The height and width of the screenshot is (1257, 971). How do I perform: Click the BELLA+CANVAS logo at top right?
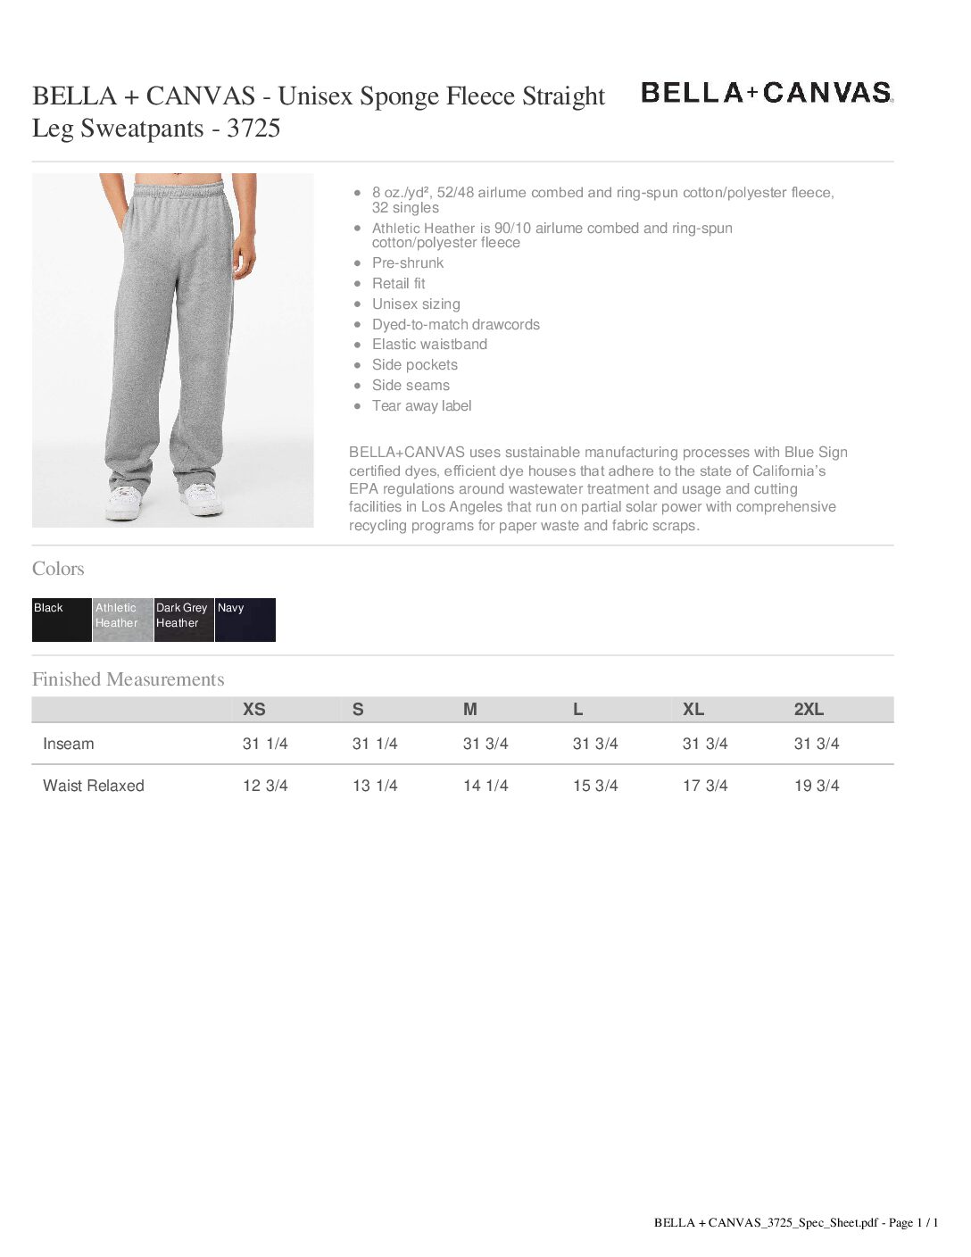coord(767,92)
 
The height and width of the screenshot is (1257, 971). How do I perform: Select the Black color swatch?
coord(62,620)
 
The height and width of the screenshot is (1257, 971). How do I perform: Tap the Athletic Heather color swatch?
coord(122,620)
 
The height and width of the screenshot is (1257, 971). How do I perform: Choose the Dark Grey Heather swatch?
coord(184,620)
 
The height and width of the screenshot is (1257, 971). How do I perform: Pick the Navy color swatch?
coord(245,620)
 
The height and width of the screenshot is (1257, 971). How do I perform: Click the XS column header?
coord(254,710)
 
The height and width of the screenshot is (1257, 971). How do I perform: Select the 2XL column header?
coord(809,710)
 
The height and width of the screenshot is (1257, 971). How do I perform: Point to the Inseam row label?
coord(69,744)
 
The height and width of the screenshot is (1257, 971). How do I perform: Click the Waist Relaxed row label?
coord(94,786)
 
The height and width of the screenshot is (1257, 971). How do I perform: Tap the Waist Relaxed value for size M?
coord(485,786)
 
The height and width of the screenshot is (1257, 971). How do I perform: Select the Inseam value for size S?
coord(375,744)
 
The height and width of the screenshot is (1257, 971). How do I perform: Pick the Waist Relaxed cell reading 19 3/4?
coord(817,786)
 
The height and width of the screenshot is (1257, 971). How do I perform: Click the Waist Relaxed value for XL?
coord(705,786)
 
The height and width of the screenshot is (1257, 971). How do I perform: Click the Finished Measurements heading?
coord(129,679)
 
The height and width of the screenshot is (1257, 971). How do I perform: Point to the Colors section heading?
coord(58,569)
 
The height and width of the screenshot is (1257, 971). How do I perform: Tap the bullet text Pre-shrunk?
coord(408,263)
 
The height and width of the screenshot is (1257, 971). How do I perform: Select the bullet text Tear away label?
coord(422,406)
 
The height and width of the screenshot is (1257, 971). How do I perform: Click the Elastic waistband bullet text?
coord(429,345)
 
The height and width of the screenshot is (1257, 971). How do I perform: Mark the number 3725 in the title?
coord(253,129)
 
